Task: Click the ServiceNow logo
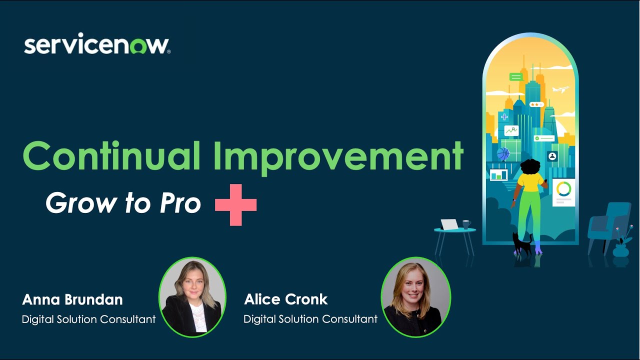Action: (97, 45)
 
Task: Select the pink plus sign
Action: (235, 204)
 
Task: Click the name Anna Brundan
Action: (72, 299)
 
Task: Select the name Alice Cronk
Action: (285, 299)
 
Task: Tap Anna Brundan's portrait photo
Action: (192, 296)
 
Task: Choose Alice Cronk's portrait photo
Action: (415, 296)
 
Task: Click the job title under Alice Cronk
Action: (310, 319)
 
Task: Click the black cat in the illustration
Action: (521, 243)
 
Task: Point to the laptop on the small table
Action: (449, 224)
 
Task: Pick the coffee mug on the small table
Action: (466, 224)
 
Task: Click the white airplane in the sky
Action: (560, 90)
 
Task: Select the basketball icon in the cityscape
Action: (503, 153)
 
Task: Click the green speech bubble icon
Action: (516, 77)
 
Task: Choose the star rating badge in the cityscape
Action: (536, 104)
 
